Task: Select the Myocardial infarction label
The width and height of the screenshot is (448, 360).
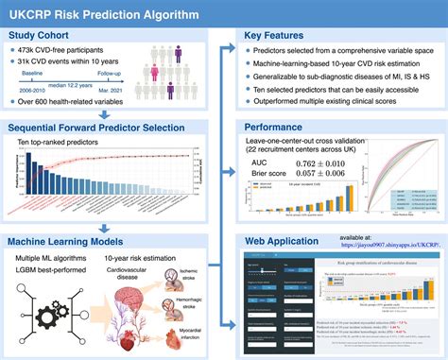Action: point(189,337)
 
